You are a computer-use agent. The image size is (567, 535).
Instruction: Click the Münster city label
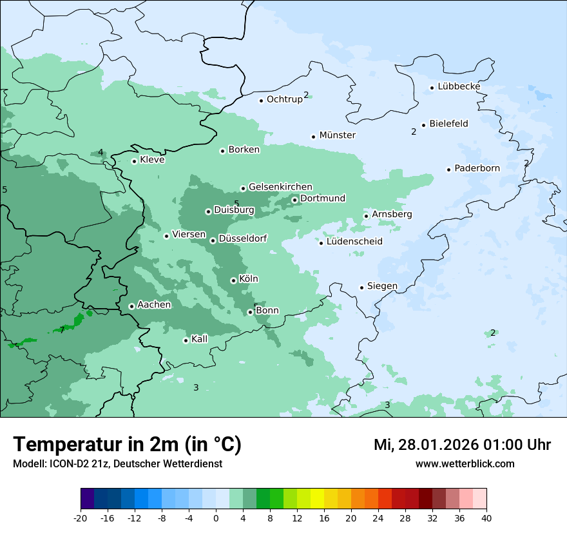click(x=337, y=135)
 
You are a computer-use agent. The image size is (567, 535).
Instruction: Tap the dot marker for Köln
click(x=233, y=280)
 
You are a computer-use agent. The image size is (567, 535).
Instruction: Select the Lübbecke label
click(x=459, y=86)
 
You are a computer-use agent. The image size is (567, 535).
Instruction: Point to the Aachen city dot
click(x=131, y=306)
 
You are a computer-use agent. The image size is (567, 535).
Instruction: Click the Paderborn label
click(x=477, y=168)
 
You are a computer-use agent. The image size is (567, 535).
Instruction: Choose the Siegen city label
click(x=382, y=286)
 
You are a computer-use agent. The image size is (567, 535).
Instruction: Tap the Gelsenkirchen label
click(x=280, y=187)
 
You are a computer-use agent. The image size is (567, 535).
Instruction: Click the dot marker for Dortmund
click(x=294, y=200)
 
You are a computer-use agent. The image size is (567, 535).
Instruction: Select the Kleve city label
click(x=152, y=160)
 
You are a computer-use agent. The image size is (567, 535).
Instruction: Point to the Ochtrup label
click(x=284, y=99)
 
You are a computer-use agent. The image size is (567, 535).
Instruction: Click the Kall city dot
click(x=186, y=340)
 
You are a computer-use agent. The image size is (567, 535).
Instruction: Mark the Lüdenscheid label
click(x=354, y=242)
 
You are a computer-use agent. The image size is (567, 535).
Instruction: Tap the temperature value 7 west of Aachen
click(x=62, y=330)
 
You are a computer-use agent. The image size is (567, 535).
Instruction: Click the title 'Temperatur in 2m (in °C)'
click(x=127, y=445)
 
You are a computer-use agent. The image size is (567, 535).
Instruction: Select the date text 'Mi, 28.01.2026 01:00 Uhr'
click(x=462, y=445)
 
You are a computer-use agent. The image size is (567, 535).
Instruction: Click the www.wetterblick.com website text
click(x=465, y=463)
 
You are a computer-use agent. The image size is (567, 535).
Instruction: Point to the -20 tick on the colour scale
click(x=81, y=518)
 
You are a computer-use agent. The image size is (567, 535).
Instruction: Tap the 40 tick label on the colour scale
click(x=486, y=518)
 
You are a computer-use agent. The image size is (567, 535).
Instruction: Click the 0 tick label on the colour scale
click(x=216, y=518)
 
